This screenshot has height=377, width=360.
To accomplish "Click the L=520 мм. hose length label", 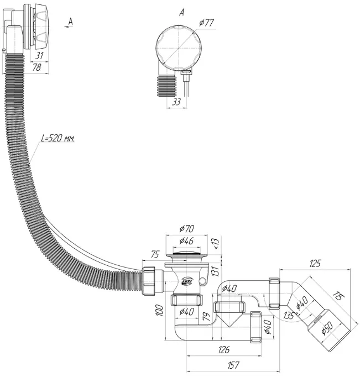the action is (58, 138).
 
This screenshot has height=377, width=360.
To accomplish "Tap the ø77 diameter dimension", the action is (206, 23).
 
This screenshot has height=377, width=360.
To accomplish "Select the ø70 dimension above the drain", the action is (186, 229).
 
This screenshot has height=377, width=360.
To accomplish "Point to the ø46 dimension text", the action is (186, 240).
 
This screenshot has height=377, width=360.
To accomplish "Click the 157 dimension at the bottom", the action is (233, 365).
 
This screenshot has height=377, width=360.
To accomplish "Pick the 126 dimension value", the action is (224, 350).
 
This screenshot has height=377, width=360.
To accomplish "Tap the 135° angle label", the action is (290, 315).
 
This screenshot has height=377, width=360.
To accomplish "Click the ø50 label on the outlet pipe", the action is (327, 328).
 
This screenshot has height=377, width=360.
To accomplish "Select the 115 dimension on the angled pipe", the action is (339, 296).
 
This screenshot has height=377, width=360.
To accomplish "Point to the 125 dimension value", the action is (315, 264).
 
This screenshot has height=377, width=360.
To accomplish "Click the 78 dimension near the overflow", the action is (36, 67).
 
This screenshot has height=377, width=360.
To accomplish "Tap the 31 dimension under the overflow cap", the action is (39, 55).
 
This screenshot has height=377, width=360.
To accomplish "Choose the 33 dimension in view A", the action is (176, 102).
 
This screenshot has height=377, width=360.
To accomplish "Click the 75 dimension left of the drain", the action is (155, 254).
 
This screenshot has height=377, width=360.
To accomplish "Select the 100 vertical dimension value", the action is (160, 310).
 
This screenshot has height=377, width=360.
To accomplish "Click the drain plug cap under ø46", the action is (186, 253).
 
